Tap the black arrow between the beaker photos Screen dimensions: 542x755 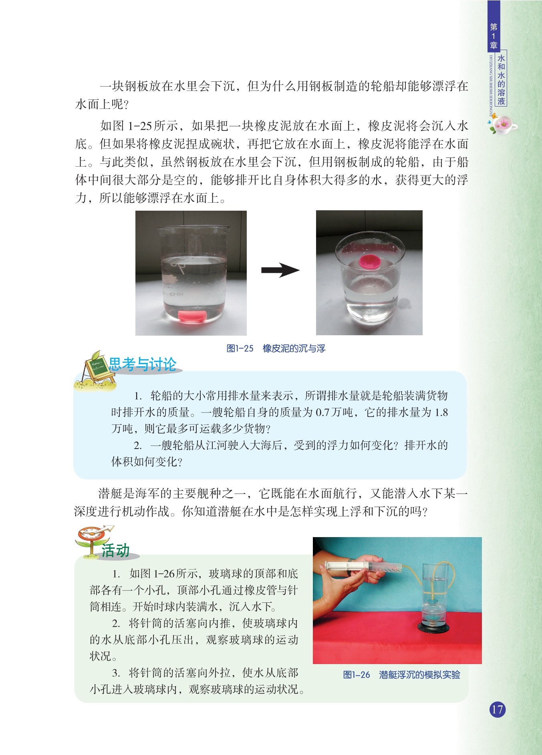280,270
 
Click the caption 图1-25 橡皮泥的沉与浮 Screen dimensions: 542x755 276,348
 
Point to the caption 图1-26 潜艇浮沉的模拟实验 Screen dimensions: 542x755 401,675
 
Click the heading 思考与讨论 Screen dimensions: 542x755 143,364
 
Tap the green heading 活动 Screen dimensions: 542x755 115,550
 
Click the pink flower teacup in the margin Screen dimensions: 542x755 502,125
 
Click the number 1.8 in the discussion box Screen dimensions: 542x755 441,412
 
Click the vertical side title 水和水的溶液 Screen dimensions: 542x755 501,79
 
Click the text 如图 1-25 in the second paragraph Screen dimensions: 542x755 126,126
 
